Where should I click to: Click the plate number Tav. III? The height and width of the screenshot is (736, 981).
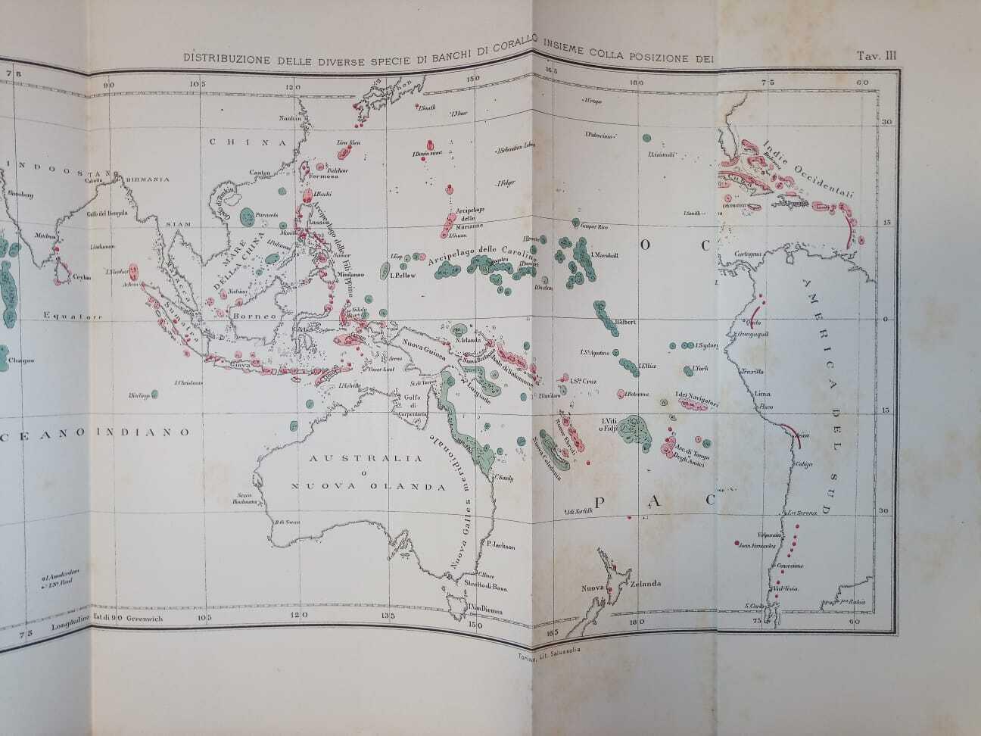click(877, 55)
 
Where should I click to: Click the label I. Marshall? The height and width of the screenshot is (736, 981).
click(606, 255)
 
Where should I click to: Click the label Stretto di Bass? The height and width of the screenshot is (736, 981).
click(486, 587)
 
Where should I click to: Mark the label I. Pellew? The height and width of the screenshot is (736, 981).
click(402, 276)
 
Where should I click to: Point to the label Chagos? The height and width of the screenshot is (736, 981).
click(21, 360)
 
